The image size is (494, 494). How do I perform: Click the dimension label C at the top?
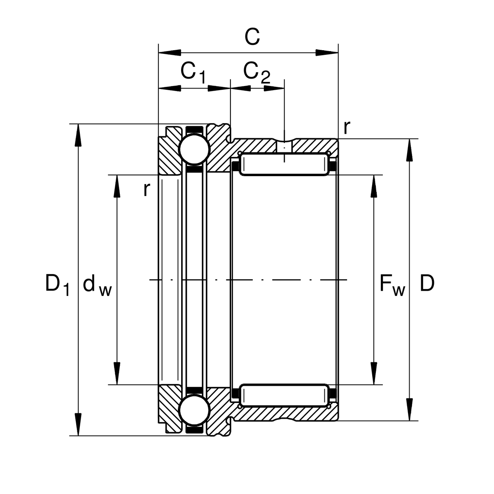pos(252,37)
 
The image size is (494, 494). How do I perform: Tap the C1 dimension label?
pos(193,72)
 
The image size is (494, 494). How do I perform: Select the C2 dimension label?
pos(256,72)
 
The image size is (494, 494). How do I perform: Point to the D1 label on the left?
pos(57,284)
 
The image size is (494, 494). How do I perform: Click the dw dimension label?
pos(97,285)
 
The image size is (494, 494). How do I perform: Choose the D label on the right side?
pos(427,284)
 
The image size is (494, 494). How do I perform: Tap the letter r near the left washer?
pos(146,189)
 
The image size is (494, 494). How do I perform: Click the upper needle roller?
pos(284,165)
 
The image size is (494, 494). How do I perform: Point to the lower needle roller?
pos(284,395)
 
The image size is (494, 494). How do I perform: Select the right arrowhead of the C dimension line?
pos(327,53)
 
